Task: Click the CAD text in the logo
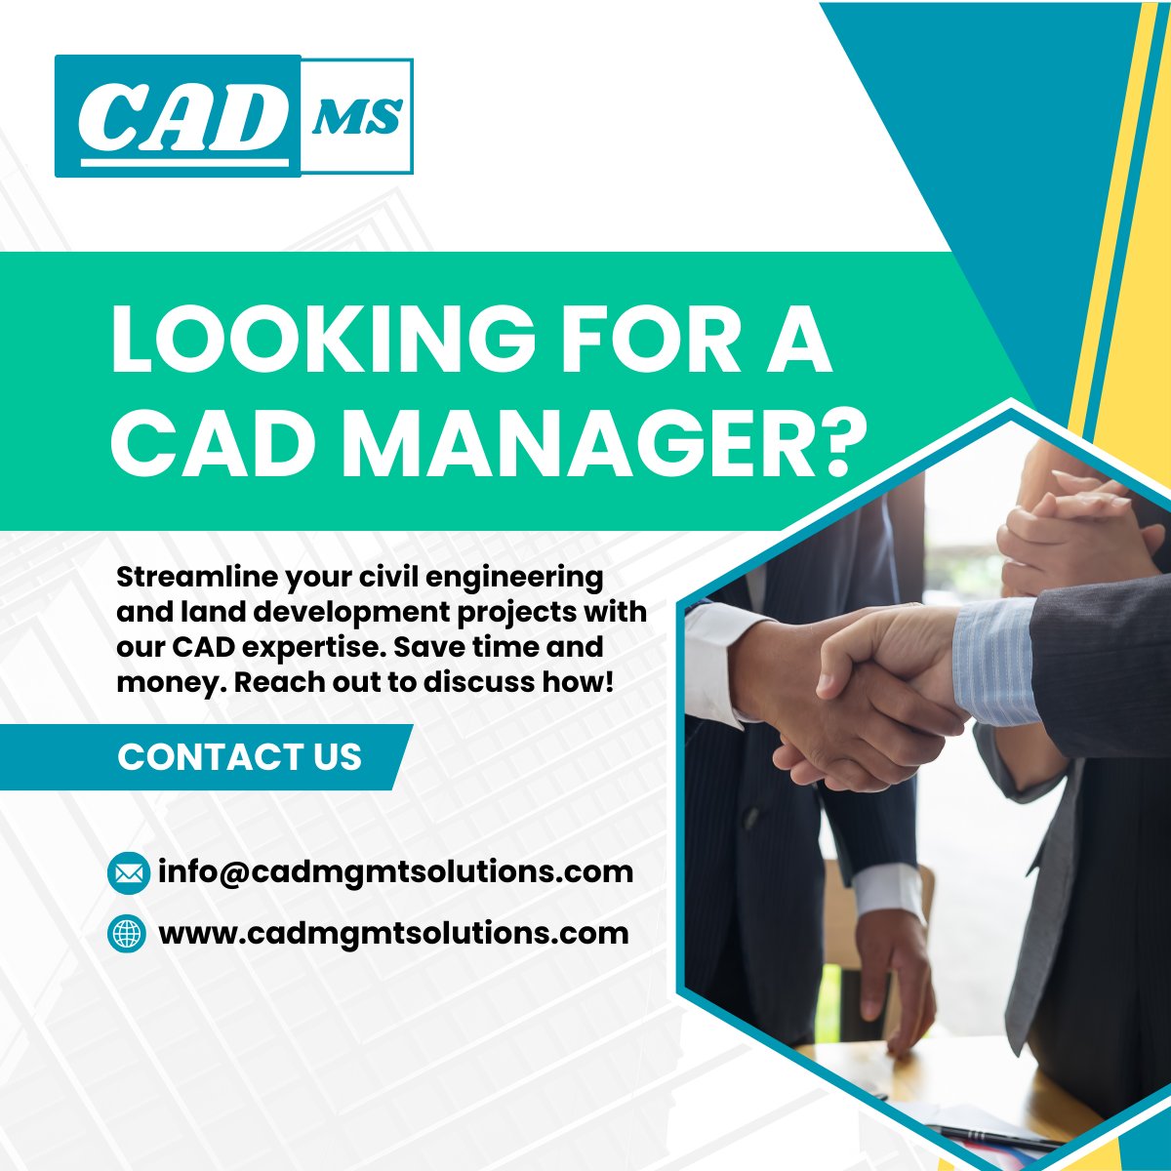tap(176, 118)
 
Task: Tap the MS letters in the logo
tap(356, 116)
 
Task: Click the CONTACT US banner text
tap(239, 757)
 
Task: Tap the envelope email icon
tap(127, 872)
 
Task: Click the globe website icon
tap(127, 934)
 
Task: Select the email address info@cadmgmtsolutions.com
tap(395, 871)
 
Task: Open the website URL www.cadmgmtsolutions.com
tap(393, 934)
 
